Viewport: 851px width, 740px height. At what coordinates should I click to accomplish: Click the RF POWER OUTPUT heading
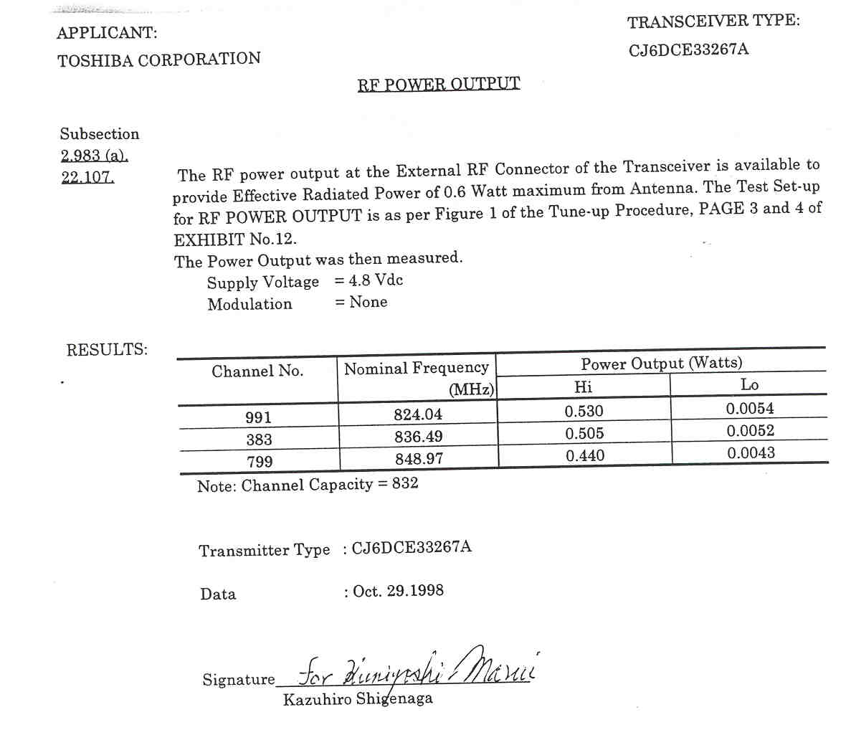439,84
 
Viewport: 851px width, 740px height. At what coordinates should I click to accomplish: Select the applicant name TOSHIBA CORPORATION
159,60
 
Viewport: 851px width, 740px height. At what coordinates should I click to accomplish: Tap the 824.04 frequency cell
418,414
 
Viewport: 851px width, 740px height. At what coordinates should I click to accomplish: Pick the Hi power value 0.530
584,412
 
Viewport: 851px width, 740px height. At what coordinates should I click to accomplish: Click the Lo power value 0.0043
751,453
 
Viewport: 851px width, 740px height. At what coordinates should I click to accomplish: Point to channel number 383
259,440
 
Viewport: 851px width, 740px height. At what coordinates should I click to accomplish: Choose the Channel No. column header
257,371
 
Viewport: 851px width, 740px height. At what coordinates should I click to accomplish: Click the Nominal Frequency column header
417,369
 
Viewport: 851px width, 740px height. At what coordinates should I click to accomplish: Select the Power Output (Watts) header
661,364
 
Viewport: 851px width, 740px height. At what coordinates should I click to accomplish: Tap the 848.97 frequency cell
419,459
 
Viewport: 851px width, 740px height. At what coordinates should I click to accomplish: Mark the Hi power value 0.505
584,434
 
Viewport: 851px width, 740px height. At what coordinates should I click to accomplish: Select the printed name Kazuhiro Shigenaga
358,699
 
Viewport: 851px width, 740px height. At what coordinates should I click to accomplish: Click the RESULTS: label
107,350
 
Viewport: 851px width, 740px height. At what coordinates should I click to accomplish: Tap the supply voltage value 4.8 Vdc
376,280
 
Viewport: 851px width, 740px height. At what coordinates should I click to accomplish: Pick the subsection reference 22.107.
87,177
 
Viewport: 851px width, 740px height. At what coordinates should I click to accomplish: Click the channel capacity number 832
405,483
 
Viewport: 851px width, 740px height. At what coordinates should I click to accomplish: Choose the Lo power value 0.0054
750,409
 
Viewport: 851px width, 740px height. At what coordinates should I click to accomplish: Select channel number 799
260,462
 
